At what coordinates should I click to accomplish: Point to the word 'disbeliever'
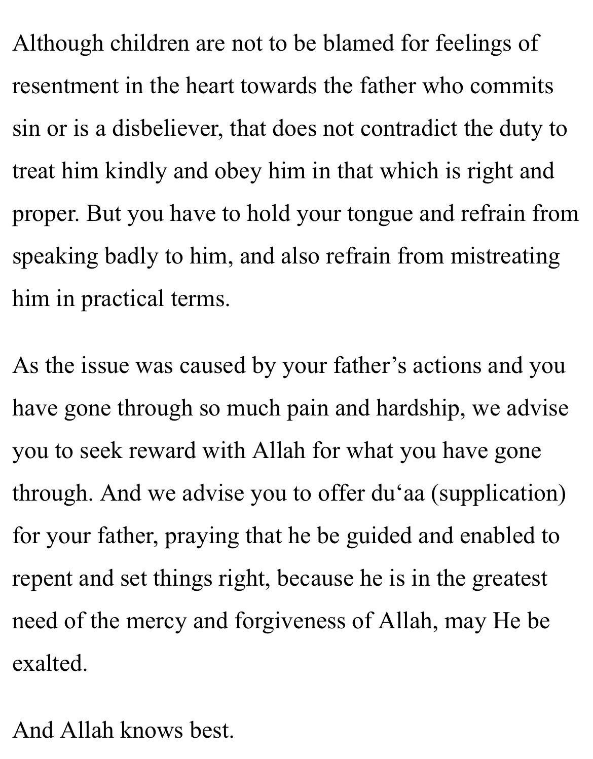tap(167, 129)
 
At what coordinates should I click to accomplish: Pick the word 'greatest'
tap(510, 579)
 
